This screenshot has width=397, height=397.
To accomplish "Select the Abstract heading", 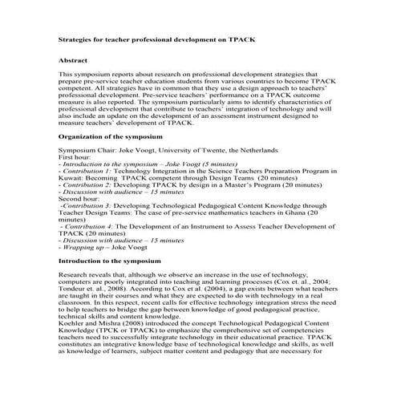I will click(73, 60).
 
